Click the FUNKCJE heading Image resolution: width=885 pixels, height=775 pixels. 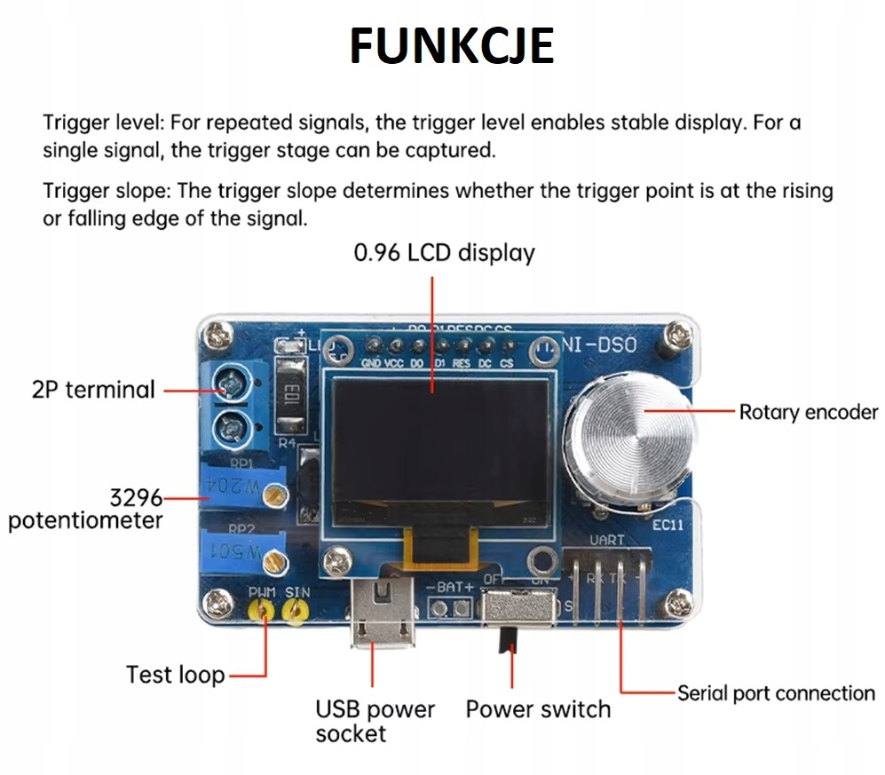(x=451, y=46)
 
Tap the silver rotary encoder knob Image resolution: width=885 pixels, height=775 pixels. (x=631, y=438)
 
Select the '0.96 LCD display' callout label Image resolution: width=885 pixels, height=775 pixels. (x=444, y=253)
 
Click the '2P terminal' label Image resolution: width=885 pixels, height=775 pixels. (x=93, y=390)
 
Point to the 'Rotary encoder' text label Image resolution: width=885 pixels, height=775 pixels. (x=808, y=412)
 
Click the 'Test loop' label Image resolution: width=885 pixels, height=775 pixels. (x=175, y=675)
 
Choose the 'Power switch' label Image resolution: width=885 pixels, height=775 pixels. (x=538, y=709)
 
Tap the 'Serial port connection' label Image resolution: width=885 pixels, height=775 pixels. (x=776, y=693)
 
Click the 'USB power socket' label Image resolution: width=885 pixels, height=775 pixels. (x=375, y=721)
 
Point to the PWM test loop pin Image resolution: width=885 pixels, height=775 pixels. (x=263, y=610)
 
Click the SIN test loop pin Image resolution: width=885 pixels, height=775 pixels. (x=295, y=610)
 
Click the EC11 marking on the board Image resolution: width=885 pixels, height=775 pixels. (x=668, y=525)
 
